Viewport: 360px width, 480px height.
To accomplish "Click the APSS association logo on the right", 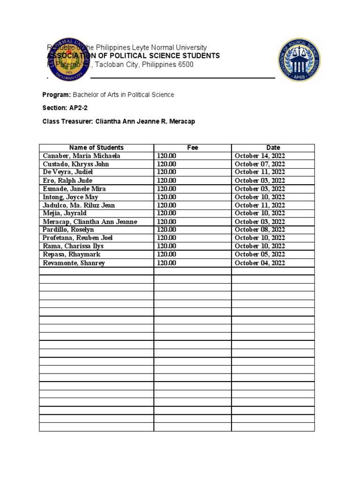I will [299, 60].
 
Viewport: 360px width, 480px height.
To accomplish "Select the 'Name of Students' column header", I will [97, 148].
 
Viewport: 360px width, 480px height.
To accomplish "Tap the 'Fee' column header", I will [193, 148].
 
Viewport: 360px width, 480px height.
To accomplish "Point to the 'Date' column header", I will [273, 148].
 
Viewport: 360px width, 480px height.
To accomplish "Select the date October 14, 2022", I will [260, 156].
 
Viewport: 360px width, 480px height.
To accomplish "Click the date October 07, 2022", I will [260, 164].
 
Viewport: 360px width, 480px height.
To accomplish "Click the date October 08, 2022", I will [260, 230].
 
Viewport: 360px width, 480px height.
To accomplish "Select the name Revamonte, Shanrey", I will [74, 263].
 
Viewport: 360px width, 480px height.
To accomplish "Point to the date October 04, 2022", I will [260, 263].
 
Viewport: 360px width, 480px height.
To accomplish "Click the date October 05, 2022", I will [260, 255].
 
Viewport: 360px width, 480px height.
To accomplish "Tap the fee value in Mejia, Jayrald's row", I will [166, 213].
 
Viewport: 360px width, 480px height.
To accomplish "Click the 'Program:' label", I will [57, 95].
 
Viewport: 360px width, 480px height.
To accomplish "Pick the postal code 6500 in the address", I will [185, 65].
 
